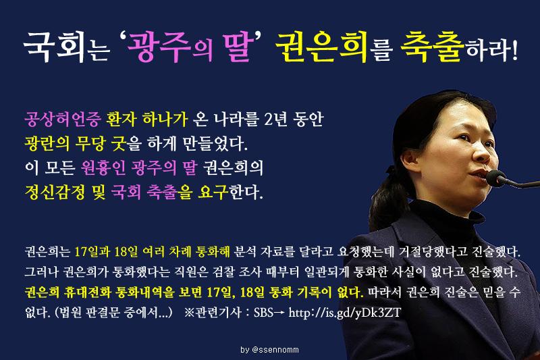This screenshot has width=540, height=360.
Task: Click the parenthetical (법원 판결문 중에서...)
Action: pos(103,315)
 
